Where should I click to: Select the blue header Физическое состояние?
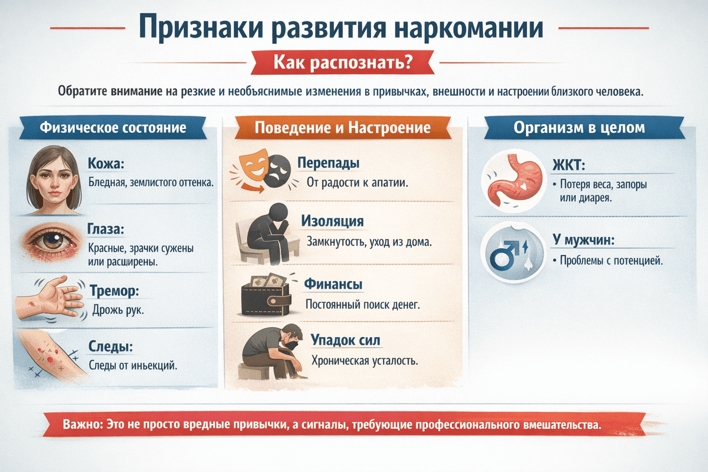coord(113,128)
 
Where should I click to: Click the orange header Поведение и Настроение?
coord(342,128)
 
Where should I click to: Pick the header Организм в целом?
coord(579,127)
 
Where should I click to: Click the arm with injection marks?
coord(53,357)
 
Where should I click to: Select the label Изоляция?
coord(332,221)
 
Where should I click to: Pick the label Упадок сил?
coord(345,340)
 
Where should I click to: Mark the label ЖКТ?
coord(568,164)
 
